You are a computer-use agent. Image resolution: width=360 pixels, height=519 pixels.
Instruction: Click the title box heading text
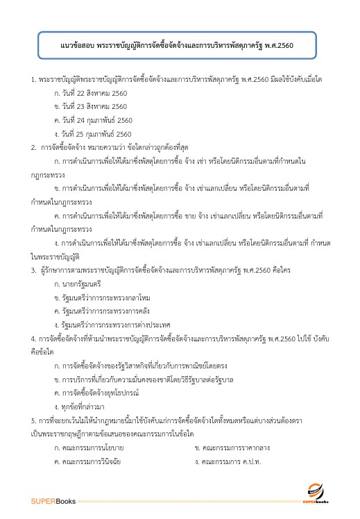[x=177, y=46]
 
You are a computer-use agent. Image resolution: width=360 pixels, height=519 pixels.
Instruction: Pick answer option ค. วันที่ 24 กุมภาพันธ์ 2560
[x=92, y=120]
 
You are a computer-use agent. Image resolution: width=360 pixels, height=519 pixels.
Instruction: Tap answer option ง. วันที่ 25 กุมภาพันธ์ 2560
[x=92, y=133]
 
